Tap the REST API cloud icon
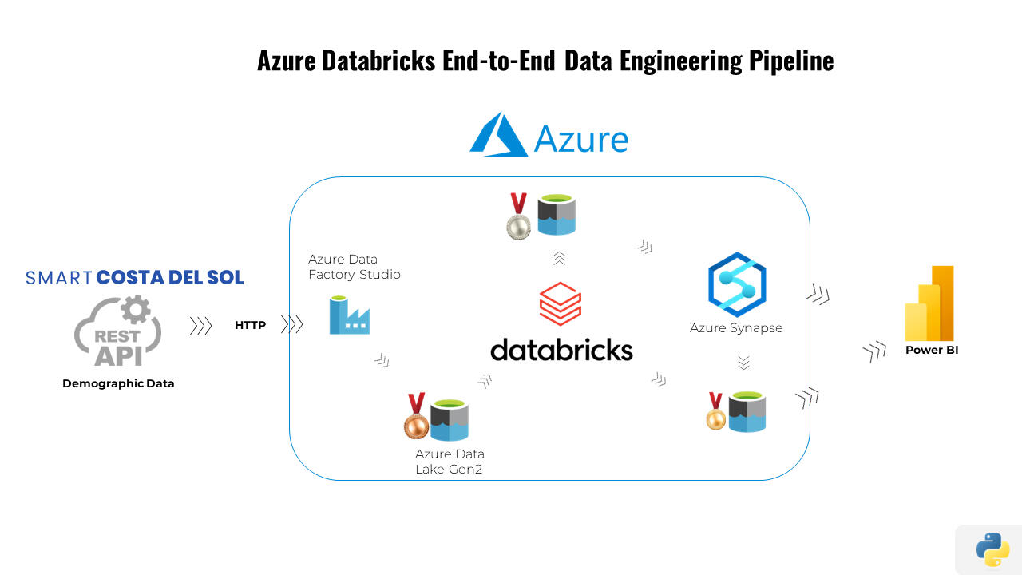tap(118, 331)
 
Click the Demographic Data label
tap(118, 383)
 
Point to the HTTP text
tap(250, 325)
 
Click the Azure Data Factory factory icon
tap(349, 315)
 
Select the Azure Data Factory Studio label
tap(354, 267)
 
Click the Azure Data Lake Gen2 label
tap(450, 462)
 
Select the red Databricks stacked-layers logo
tap(560, 303)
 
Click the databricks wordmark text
tap(561, 350)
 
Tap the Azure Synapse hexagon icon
tap(737, 284)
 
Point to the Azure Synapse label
tap(736, 328)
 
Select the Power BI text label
tap(931, 350)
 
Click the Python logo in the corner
tap(992, 549)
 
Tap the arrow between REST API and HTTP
tap(200, 326)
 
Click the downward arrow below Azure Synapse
tap(743, 363)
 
